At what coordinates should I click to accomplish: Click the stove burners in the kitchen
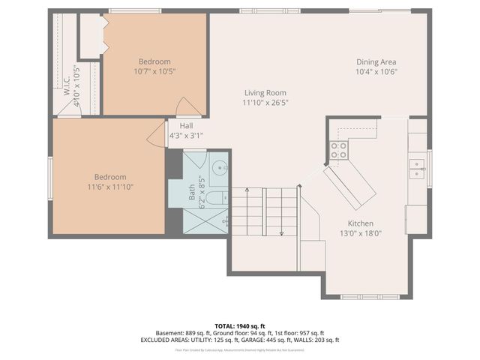click(x=339, y=150)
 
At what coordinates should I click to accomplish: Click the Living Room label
click(x=265, y=92)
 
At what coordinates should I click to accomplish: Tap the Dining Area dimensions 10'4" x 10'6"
click(x=376, y=72)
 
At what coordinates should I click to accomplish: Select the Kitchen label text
click(x=360, y=223)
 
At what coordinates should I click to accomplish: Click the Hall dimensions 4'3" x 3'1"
click(x=186, y=136)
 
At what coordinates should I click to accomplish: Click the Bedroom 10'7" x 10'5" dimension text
click(x=154, y=72)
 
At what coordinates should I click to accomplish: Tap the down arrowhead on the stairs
click(x=281, y=232)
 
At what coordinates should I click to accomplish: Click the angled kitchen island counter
click(x=349, y=187)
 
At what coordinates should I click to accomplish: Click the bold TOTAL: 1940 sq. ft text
click(x=239, y=325)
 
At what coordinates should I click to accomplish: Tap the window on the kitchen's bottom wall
click(x=359, y=296)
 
